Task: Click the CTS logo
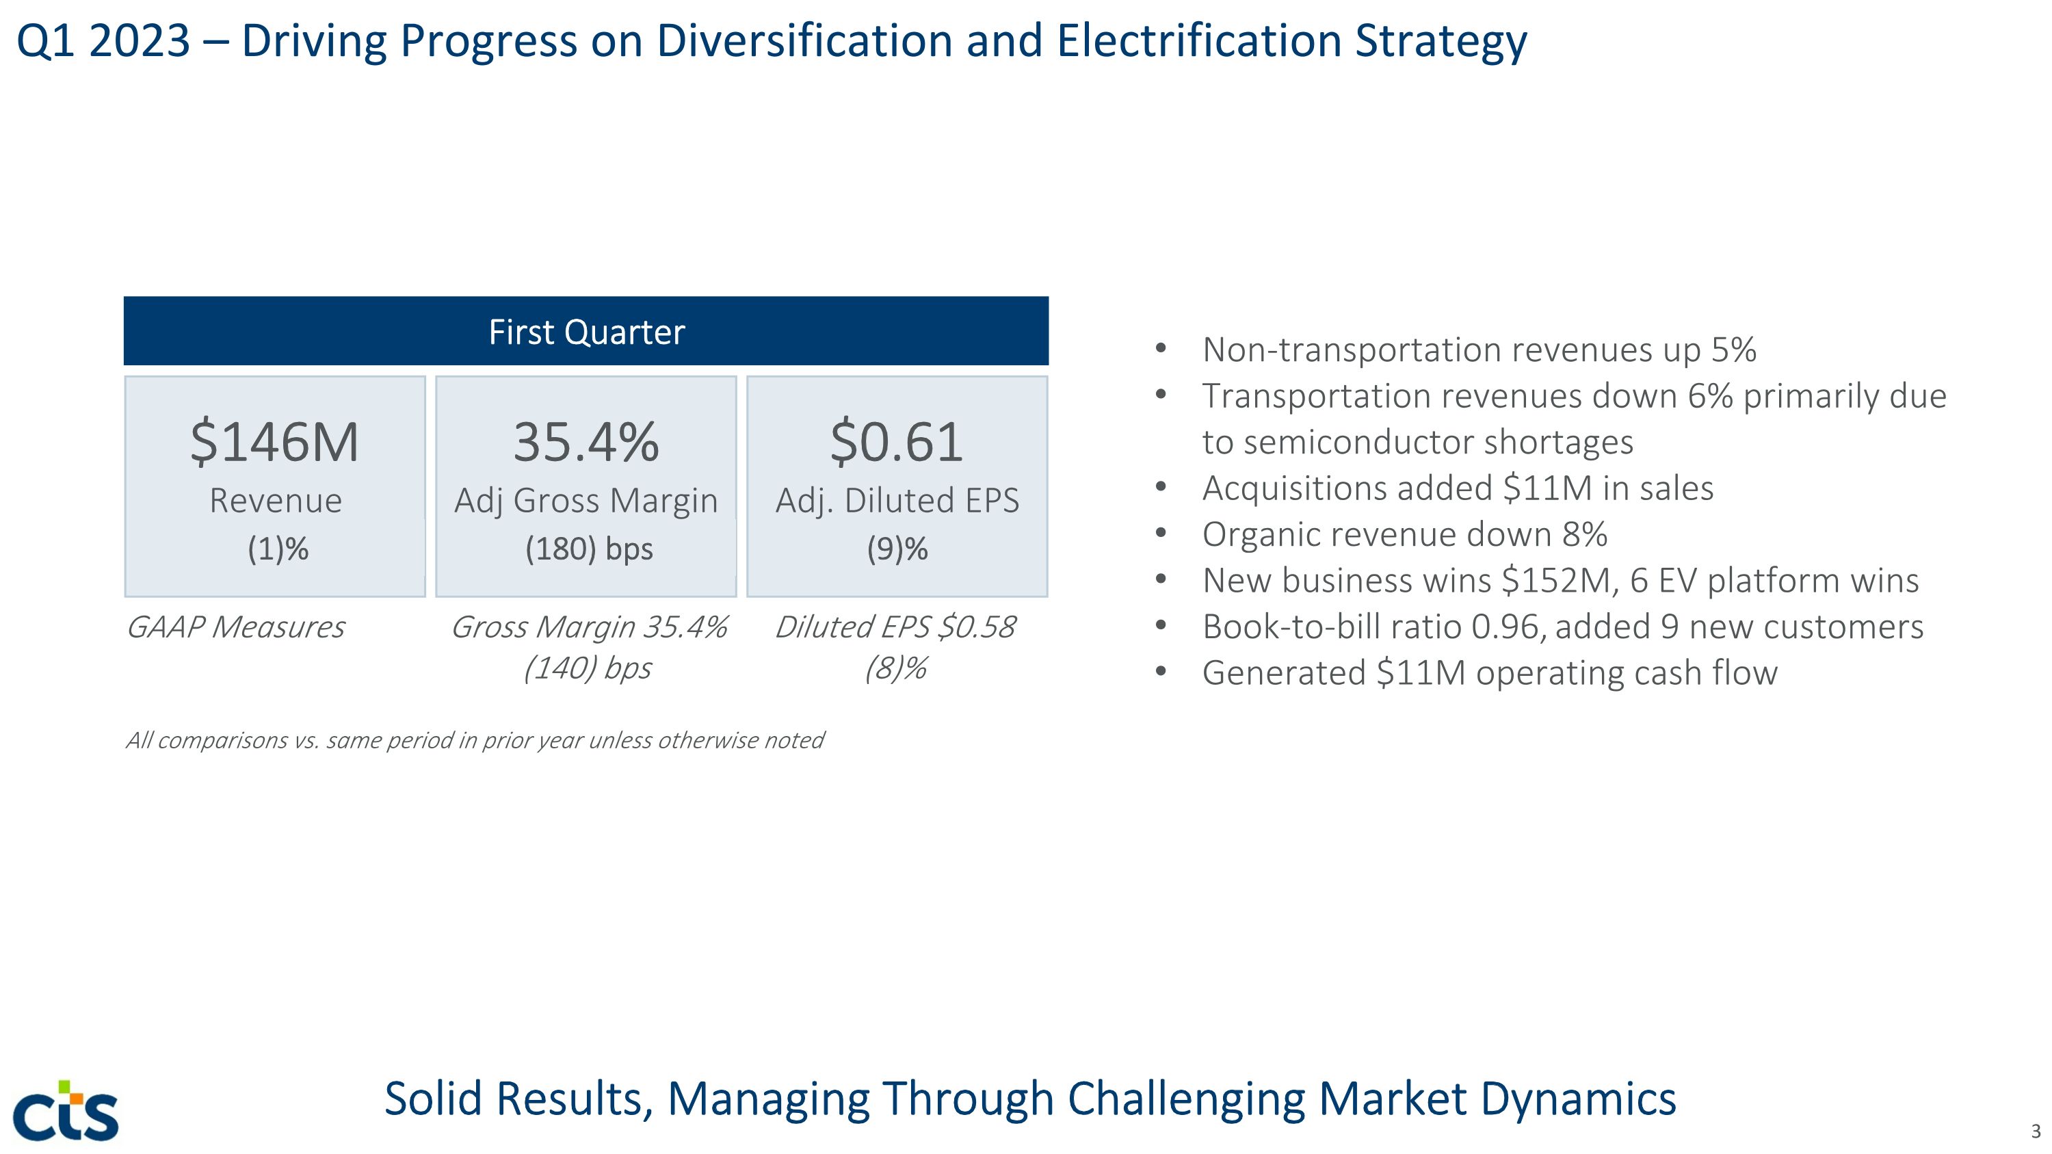[66, 1110]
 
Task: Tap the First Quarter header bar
[586, 331]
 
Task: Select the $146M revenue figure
[275, 442]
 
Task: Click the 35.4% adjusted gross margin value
[586, 442]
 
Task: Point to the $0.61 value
[896, 442]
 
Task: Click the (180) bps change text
[589, 549]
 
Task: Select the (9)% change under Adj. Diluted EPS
[897, 549]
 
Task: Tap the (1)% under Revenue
[277, 549]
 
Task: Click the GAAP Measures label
[236, 627]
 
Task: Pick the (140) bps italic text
[587, 668]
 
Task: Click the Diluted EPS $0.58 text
[895, 627]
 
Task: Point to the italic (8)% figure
[895, 668]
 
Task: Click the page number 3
[2036, 1131]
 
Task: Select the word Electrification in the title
[1200, 42]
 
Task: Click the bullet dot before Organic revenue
[1161, 534]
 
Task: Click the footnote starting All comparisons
[475, 741]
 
